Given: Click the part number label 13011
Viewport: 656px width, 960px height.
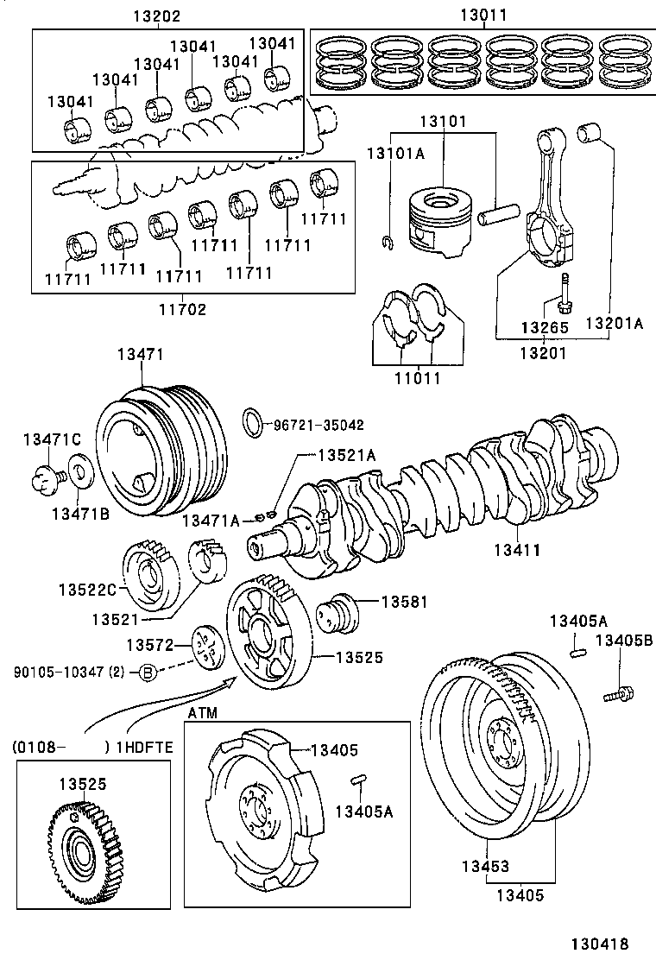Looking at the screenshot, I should (483, 16).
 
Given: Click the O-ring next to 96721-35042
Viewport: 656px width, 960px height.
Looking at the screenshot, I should (253, 424).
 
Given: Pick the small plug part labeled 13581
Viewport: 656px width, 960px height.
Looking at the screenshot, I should (339, 616).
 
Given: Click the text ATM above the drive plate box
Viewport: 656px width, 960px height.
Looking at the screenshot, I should (202, 712).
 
